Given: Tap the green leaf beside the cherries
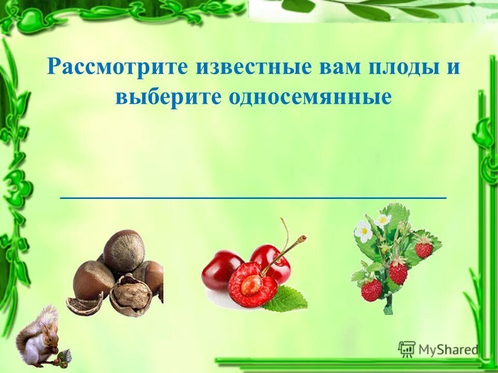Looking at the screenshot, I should pyautogui.click(x=285, y=299).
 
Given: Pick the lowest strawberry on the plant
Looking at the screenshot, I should pyautogui.click(x=371, y=291).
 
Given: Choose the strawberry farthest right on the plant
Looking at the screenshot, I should pyautogui.click(x=424, y=249).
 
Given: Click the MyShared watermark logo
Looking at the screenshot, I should pyautogui.click(x=438, y=350).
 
